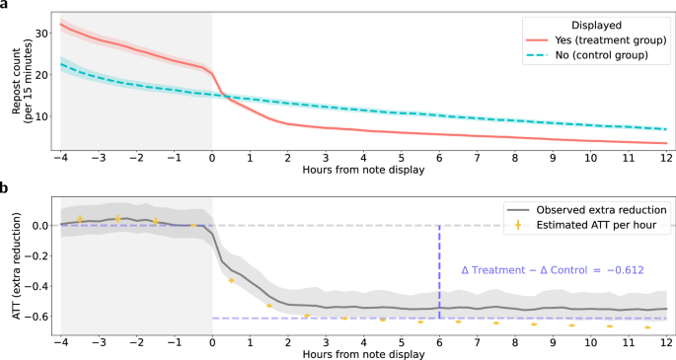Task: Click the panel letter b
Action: [x=4, y=187]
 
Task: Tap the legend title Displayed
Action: [x=596, y=26]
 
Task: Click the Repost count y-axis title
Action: [x=22, y=82]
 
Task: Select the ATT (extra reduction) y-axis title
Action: [x=17, y=266]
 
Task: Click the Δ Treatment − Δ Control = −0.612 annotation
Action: [x=553, y=270]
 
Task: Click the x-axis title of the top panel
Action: [x=363, y=170]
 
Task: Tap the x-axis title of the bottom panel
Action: [x=363, y=355]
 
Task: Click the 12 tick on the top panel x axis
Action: [x=666, y=159]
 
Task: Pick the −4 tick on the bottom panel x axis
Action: [x=60, y=343]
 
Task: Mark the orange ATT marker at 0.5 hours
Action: [x=231, y=280]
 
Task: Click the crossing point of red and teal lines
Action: [x=223, y=95]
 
